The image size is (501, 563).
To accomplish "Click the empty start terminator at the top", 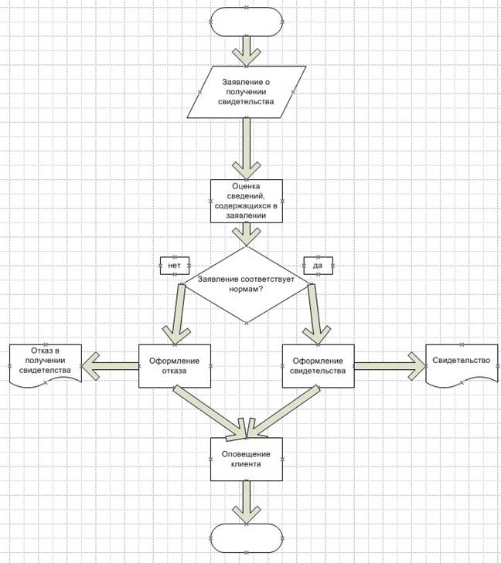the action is [x=247, y=22].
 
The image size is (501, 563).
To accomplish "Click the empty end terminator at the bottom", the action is [x=247, y=538].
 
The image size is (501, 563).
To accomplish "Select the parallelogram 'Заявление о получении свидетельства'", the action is [x=247, y=92].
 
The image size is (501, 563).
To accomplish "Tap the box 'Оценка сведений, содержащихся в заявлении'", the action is [x=247, y=201].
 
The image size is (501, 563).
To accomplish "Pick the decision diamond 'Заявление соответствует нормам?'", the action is [x=247, y=284].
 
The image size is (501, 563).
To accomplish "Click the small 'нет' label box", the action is [x=175, y=266].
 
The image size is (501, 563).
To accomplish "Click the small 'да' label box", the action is [x=318, y=266].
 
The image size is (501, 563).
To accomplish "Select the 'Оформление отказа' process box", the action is [x=175, y=366].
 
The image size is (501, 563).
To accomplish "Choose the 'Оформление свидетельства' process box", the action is [x=318, y=366].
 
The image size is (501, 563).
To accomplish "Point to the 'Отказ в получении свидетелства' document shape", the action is [x=46, y=365].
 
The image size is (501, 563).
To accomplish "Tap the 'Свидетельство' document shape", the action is [x=462, y=365].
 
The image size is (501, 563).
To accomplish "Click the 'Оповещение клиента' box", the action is [x=247, y=460].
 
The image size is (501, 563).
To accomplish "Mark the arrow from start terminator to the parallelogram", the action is [x=247, y=51].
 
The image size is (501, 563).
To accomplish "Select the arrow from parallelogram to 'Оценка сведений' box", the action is [x=247, y=148].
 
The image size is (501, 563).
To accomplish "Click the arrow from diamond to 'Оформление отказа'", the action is [x=178, y=314].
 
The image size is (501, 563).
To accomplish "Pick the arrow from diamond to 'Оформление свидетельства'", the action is [x=315, y=314].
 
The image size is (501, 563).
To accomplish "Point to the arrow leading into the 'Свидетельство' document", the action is [x=390, y=366].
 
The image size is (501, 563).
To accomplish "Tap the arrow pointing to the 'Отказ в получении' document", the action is [x=111, y=366].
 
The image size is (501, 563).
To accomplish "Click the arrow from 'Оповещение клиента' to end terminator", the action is [x=247, y=502].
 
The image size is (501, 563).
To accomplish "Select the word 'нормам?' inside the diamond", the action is [x=246, y=289].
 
